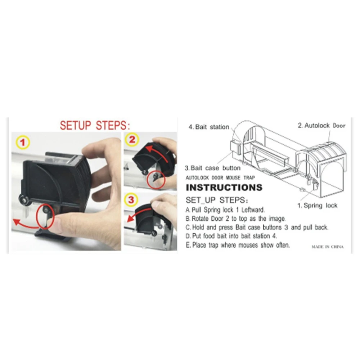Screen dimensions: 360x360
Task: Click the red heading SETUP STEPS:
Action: pyautogui.click(x=95, y=126)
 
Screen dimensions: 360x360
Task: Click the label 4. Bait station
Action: pyautogui.click(x=209, y=127)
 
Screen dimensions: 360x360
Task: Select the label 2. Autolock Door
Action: pyautogui.click(x=321, y=126)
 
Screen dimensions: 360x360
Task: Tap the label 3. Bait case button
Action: pyautogui.click(x=212, y=168)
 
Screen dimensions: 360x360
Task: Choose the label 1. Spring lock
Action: pyautogui.click(x=317, y=206)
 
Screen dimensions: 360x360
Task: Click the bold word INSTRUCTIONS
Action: pyautogui.click(x=224, y=188)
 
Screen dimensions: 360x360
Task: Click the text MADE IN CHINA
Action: pyautogui.click(x=327, y=247)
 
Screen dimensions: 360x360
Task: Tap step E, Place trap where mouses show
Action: pyautogui.click(x=238, y=245)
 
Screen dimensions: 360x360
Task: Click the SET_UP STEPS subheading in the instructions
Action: pyautogui.click(x=216, y=200)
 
